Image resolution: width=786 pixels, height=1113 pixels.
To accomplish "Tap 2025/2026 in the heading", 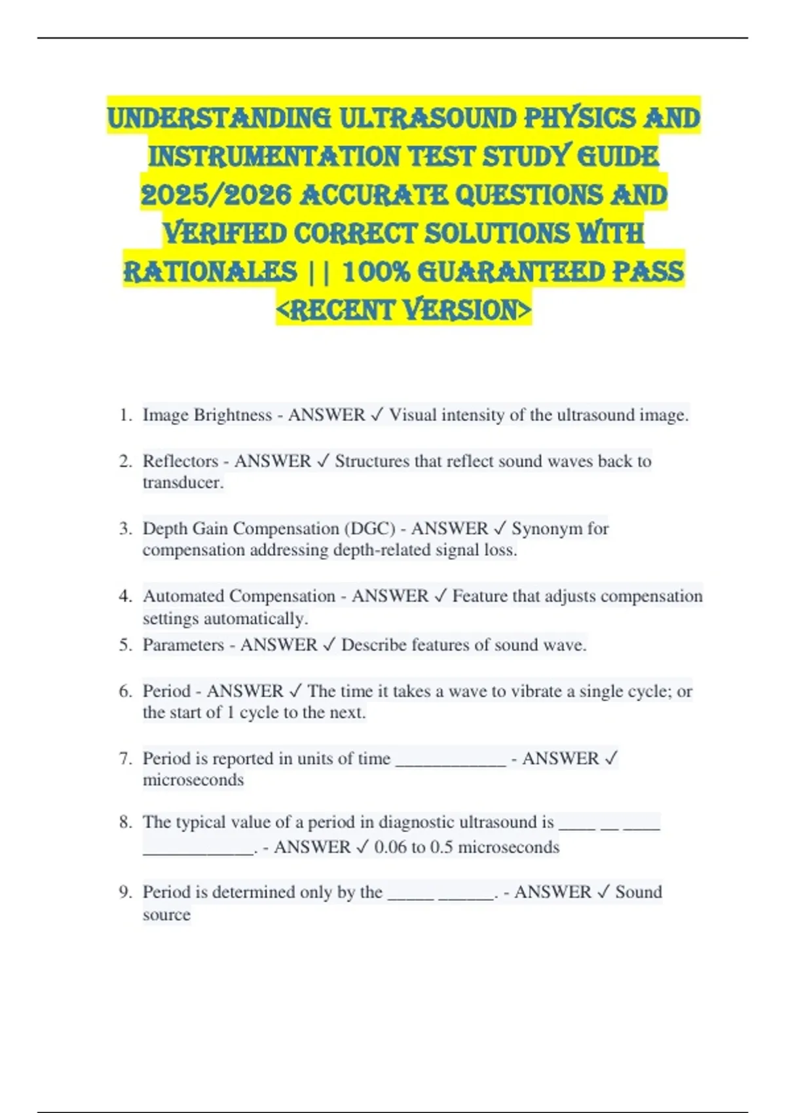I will click(215, 195).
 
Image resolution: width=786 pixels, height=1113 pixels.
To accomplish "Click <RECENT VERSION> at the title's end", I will click(403, 310).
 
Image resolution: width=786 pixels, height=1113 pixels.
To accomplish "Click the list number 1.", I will click(126, 415).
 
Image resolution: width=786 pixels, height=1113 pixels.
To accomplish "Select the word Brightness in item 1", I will click(233, 415).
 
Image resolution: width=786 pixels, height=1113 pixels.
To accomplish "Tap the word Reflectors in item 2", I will click(180, 461).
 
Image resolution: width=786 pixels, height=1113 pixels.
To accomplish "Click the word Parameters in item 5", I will click(183, 645).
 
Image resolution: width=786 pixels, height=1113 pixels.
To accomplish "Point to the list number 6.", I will click(126, 691).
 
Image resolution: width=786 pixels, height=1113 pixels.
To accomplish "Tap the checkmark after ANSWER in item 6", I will click(295, 691).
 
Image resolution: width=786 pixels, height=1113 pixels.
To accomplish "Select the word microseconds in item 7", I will click(193, 780).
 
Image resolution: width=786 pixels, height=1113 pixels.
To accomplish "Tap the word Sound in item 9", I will click(639, 892).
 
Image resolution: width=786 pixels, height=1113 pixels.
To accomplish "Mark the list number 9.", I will click(126, 892).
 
